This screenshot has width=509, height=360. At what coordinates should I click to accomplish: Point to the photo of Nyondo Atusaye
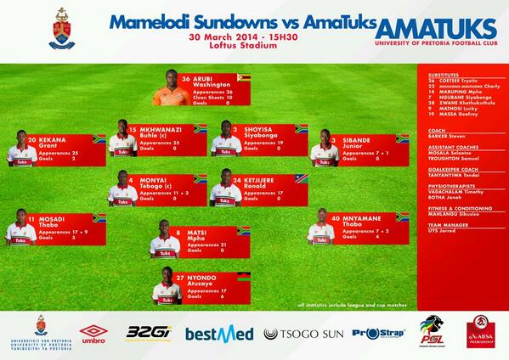coord(168,286)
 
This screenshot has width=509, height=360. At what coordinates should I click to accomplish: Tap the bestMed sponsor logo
coord(219,333)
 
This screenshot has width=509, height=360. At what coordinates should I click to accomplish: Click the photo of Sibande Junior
coord(325,149)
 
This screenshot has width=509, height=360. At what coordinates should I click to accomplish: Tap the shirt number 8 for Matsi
coord(177,231)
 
